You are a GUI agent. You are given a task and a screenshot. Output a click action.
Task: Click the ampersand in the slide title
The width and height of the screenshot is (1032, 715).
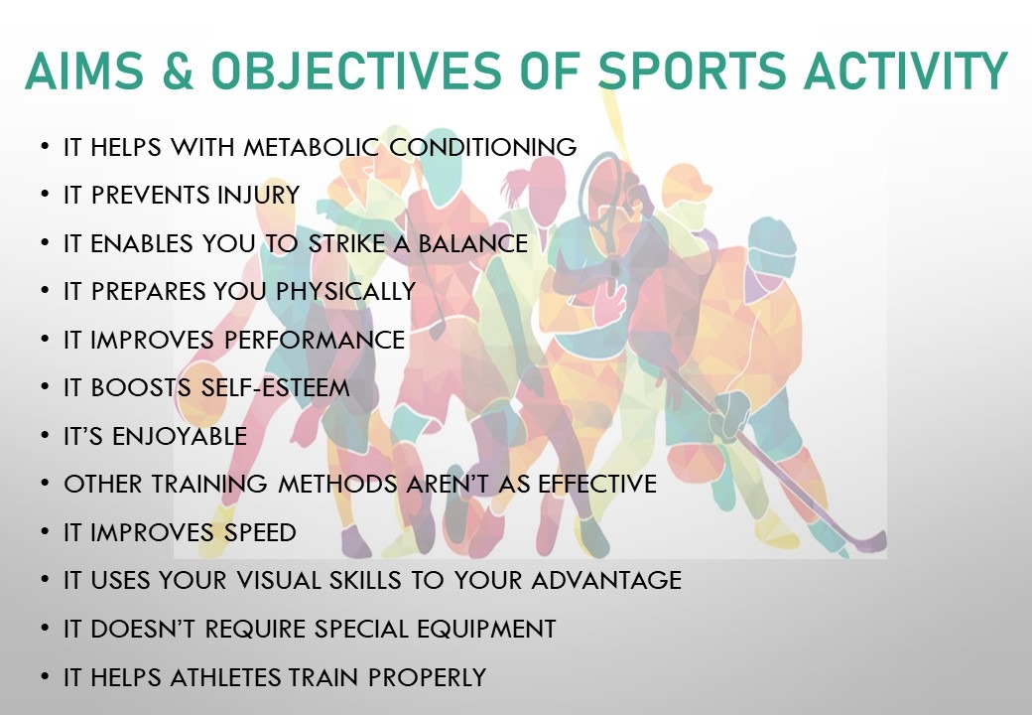(178, 71)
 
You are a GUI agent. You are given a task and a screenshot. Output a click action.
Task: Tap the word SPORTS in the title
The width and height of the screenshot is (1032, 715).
(692, 71)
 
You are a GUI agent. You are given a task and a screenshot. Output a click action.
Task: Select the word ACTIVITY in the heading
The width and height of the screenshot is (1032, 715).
(906, 71)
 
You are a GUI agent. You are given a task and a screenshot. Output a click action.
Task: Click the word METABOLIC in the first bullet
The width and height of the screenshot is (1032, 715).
(312, 147)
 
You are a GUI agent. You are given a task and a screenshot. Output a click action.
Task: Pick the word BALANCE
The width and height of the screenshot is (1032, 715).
(473, 243)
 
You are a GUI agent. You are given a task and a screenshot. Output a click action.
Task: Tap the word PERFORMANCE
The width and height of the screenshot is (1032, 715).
(315, 340)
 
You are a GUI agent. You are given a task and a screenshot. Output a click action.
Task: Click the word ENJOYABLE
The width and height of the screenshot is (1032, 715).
(180, 436)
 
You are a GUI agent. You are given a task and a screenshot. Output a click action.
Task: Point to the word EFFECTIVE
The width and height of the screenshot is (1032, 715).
(597, 484)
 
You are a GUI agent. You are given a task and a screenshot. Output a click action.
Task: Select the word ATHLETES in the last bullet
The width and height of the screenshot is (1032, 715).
(225, 677)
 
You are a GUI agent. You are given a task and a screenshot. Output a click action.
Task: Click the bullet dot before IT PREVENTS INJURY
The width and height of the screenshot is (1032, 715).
(44, 195)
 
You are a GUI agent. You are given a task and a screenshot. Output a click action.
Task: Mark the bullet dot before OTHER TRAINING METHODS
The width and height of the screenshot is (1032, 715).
(44, 484)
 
